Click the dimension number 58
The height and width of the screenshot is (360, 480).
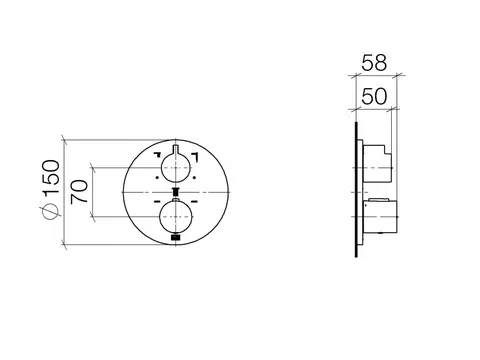374,63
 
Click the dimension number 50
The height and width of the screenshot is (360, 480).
374,96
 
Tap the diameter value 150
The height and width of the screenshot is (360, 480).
51,177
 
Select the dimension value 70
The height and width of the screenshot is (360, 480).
79,191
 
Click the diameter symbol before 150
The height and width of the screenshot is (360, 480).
50,211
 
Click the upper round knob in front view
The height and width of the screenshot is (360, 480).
176,168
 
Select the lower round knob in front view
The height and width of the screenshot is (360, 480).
176,217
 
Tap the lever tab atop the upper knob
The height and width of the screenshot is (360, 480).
176,150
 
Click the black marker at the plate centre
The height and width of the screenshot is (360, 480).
176,192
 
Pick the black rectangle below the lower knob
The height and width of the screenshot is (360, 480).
176,237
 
